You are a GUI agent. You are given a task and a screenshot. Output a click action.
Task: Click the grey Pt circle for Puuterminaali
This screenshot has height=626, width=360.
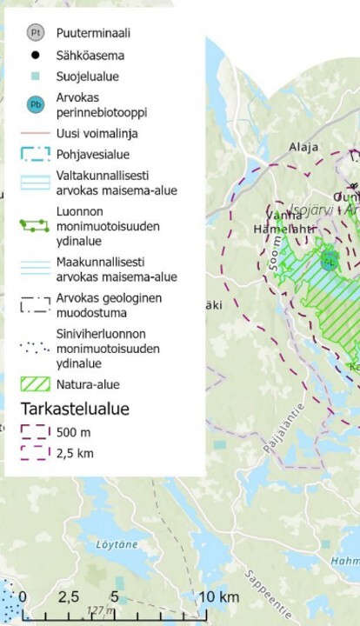36,33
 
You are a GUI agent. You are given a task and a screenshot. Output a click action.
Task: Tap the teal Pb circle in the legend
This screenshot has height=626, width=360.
36,105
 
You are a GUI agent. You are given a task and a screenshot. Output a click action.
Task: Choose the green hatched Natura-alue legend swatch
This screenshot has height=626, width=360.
36,383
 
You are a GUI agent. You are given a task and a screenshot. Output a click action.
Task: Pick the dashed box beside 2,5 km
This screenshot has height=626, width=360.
36,452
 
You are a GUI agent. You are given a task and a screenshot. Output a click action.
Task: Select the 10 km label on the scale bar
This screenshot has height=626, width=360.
218,596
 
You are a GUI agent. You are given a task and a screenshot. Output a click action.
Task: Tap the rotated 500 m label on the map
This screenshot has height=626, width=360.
277,253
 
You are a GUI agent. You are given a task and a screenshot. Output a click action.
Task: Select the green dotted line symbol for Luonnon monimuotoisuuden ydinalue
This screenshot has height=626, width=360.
36,225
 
